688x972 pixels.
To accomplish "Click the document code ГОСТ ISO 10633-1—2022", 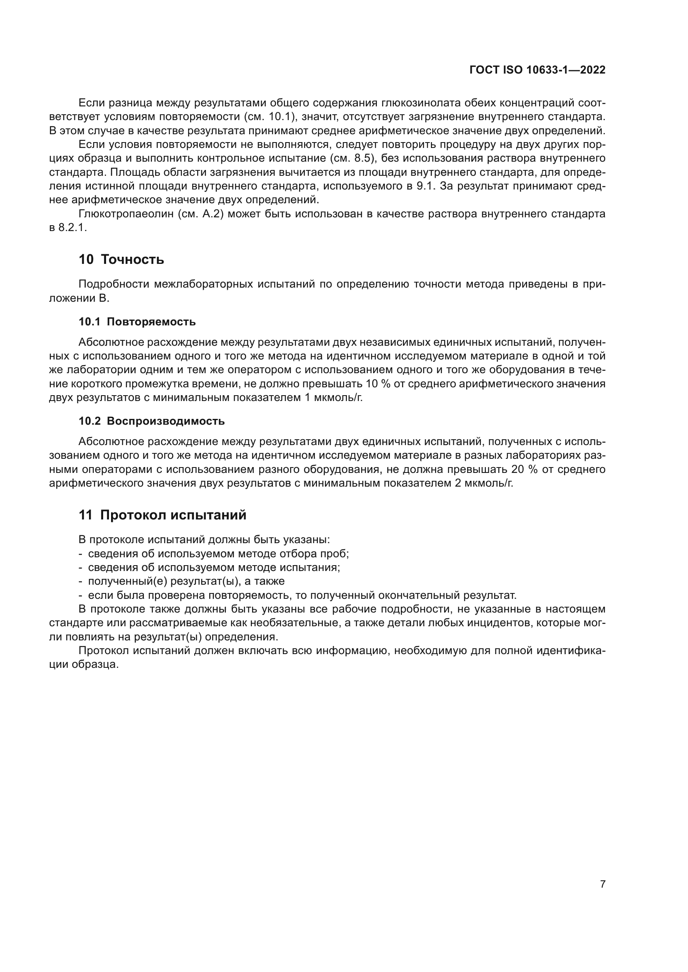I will tap(537, 70).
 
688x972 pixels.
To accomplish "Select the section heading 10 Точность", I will tap(121, 259).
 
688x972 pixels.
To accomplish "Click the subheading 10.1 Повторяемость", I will tap(137, 322).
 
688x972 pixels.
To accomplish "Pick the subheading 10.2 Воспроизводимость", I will tap(152, 421).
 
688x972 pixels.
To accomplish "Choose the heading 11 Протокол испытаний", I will tap(162, 515).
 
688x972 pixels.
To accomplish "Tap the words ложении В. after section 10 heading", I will tap(79, 298).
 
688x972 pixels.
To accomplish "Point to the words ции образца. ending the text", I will tap(84, 664).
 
